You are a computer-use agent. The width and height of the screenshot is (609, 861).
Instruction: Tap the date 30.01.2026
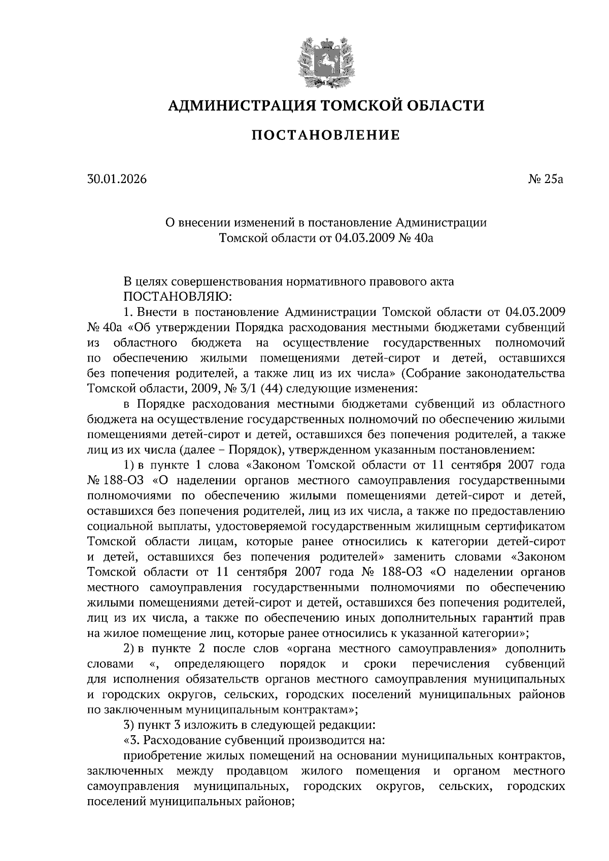click(x=117, y=179)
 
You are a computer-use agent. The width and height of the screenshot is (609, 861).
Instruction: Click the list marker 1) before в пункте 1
click(x=129, y=464)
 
